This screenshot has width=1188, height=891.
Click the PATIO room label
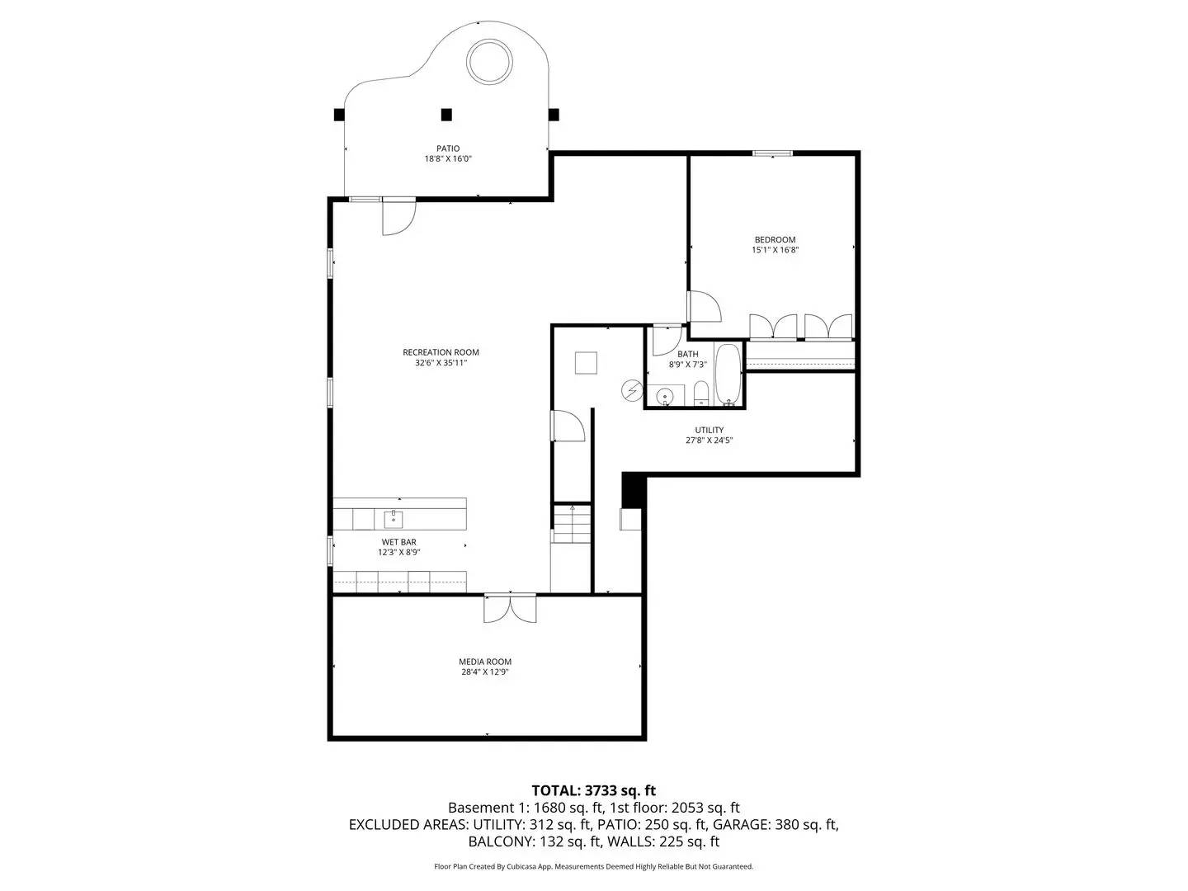(448, 149)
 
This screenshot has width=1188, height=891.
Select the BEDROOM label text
(775, 240)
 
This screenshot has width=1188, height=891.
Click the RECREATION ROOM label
(441, 352)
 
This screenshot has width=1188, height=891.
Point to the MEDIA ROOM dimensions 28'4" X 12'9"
(485, 672)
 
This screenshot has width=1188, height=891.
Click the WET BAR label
(398, 542)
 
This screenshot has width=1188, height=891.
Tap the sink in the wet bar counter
(394, 519)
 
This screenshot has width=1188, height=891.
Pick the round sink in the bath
(665, 398)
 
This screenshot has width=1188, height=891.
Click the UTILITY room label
(709, 430)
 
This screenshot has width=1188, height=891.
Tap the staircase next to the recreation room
(572, 525)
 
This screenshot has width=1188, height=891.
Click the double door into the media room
(510, 609)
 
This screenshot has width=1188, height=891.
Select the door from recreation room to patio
(398, 216)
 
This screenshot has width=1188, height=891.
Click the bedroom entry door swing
(704, 307)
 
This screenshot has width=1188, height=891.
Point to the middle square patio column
(446, 115)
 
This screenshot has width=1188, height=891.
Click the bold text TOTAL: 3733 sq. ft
(593, 790)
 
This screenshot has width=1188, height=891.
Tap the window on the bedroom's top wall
(772, 153)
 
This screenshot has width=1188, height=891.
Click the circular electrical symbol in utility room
(632, 389)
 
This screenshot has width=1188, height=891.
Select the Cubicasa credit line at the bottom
(593, 866)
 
